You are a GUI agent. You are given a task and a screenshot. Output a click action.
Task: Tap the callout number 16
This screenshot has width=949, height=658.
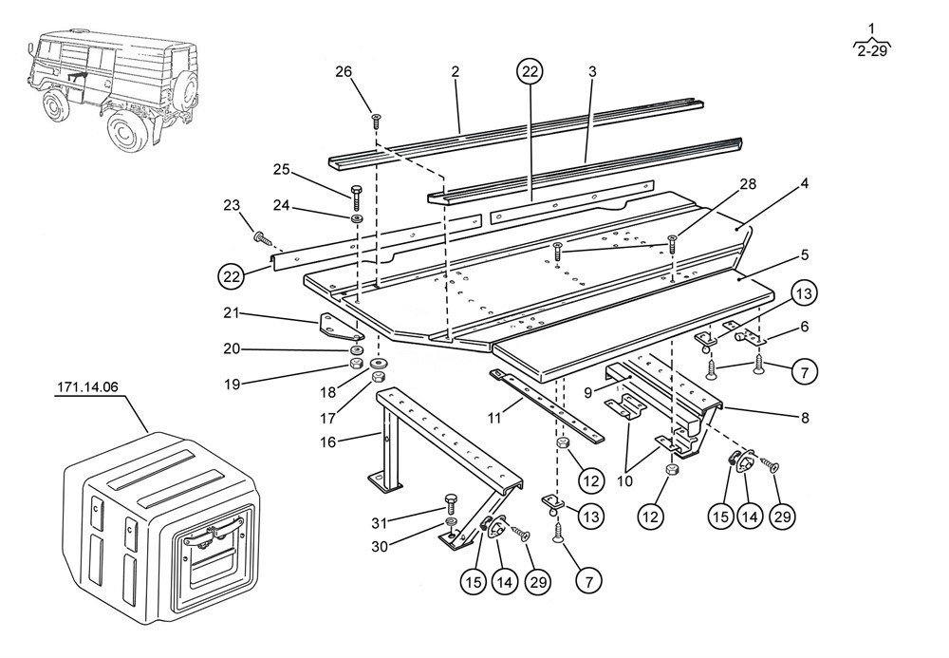coord(354,441)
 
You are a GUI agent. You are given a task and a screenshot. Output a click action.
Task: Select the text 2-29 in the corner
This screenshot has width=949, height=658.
coord(871,51)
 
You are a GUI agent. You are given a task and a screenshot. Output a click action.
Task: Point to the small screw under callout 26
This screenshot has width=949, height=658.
coord(377,120)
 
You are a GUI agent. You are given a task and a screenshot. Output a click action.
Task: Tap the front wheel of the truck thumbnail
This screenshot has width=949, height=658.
coord(125,131)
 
